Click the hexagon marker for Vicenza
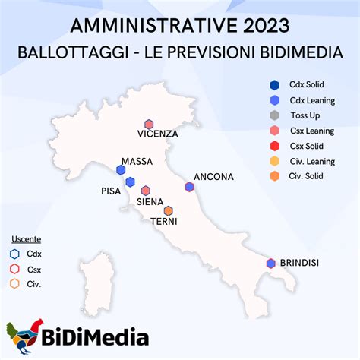click(149, 125)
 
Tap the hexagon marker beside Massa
click(121, 170)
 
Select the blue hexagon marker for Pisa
click(130, 182)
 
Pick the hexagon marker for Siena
click(146, 191)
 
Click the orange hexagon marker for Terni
click(169, 210)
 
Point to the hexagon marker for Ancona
click(189, 187)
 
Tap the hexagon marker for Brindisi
click(271, 264)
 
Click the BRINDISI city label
click(299, 263)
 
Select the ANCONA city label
click(213, 177)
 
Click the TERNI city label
click(164, 222)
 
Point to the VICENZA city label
click(158, 134)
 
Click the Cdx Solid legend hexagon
click(274, 85)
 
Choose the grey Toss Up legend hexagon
click(274, 115)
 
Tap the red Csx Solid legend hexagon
click(275, 146)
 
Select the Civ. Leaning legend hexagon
click(275, 161)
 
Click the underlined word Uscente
click(27, 239)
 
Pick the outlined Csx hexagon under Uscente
click(14, 269)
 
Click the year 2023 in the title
click(267, 26)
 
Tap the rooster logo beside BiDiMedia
click(24, 336)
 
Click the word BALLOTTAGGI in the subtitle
click(73, 52)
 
